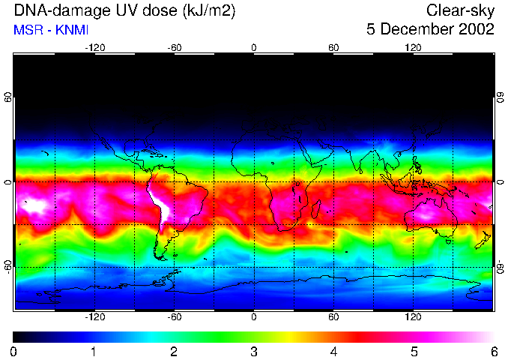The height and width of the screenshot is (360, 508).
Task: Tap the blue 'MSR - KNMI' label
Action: click(49, 30)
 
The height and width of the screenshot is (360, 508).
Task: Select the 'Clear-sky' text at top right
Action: click(460, 10)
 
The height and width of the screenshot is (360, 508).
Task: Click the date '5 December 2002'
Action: click(431, 30)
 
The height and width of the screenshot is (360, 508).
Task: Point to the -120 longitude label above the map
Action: click(94, 47)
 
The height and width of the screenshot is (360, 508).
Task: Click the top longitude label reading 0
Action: click(253, 47)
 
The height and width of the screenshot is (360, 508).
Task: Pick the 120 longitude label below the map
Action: click(413, 317)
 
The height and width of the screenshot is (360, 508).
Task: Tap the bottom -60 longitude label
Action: click(174, 317)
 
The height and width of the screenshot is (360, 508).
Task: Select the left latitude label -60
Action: click(8, 267)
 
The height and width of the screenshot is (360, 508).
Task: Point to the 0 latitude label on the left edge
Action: click(8, 182)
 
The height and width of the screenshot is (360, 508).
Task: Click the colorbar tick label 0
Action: click(14, 351)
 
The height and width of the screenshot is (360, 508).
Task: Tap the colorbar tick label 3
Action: click(254, 351)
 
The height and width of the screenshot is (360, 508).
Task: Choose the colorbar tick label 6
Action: click(493, 351)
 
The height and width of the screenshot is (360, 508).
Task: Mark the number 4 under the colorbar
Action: click(333, 351)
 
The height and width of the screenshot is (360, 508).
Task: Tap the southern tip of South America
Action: click(161, 257)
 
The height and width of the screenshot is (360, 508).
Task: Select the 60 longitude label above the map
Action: click(333, 47)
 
